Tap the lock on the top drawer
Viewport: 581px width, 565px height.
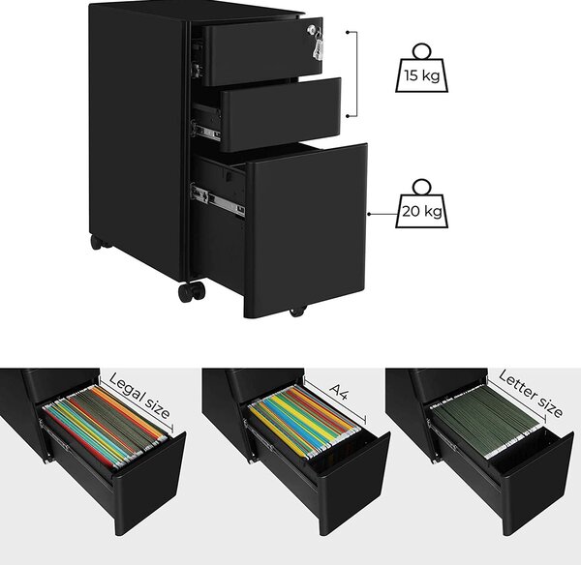[x=313, y=29]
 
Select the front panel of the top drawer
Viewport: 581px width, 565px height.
[x=263, y=52]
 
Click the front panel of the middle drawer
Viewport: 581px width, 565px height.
[x=281, y=115]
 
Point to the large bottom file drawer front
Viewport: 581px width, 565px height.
[x=306, y=230]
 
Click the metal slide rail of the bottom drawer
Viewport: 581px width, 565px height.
[x=218, y=200]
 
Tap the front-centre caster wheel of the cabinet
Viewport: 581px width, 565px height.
[x=191, y=292]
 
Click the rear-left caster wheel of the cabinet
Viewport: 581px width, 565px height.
[x=96, y=242]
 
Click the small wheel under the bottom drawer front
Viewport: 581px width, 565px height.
[x=297, y=312]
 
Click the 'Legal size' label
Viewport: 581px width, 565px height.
[x=140, y=396]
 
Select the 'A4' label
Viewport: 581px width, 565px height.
[x=340, y=392]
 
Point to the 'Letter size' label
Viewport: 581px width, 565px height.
[x=531, y=394]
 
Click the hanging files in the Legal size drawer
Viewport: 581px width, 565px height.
[x=106, y=425]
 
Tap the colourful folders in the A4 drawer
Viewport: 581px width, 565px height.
[x=305, y=421]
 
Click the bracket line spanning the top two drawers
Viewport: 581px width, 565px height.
[x=356, y=74]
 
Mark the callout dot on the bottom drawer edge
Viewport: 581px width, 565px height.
[x=370, y=214]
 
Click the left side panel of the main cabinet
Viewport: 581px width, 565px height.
[x=138, y=137]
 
